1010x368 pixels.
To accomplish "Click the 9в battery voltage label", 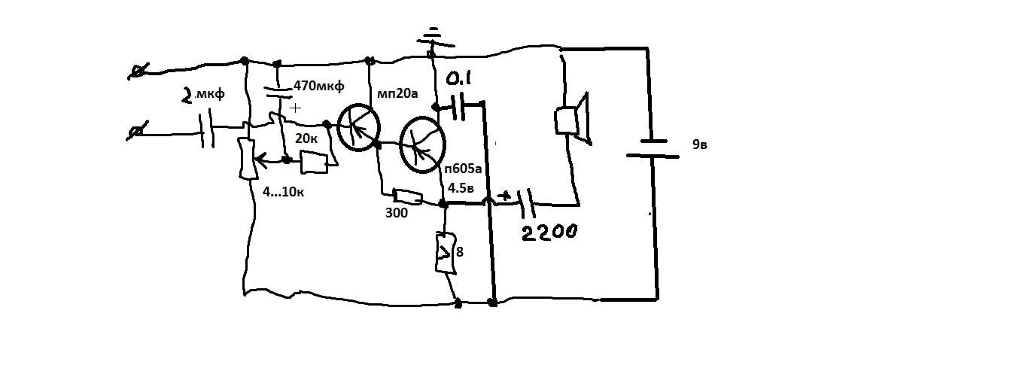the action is click(x=699, y=144).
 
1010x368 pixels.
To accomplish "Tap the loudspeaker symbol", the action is click(x=572, y=119).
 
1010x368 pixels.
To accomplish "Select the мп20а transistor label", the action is click(x=397, y=94).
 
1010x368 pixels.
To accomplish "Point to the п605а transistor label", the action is click(x=463, y=169).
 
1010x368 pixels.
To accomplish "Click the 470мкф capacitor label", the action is click(x=319, y=85).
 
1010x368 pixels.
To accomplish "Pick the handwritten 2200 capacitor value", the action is click(x=549, y=232).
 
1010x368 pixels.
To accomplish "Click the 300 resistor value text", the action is click(x=397, y=213).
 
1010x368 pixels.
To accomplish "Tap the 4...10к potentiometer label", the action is click(x=283, y=192).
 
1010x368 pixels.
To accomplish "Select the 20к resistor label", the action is click(x=306, y=138).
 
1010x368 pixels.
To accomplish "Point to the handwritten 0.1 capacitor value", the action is click(x=458, y=79).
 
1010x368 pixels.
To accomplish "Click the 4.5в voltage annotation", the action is click(x=461, y=188).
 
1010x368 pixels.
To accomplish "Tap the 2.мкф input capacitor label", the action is click(x=203, y=94).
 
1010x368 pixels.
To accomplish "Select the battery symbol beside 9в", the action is click(x=653, y=149).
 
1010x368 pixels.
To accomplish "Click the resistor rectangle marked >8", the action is click(x=446, y=253).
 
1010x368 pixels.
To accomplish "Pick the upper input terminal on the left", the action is click(x=138, y=71).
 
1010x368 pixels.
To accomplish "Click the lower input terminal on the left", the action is click(x=136, y=131).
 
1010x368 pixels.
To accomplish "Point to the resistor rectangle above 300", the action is click(x=408, y=196).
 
